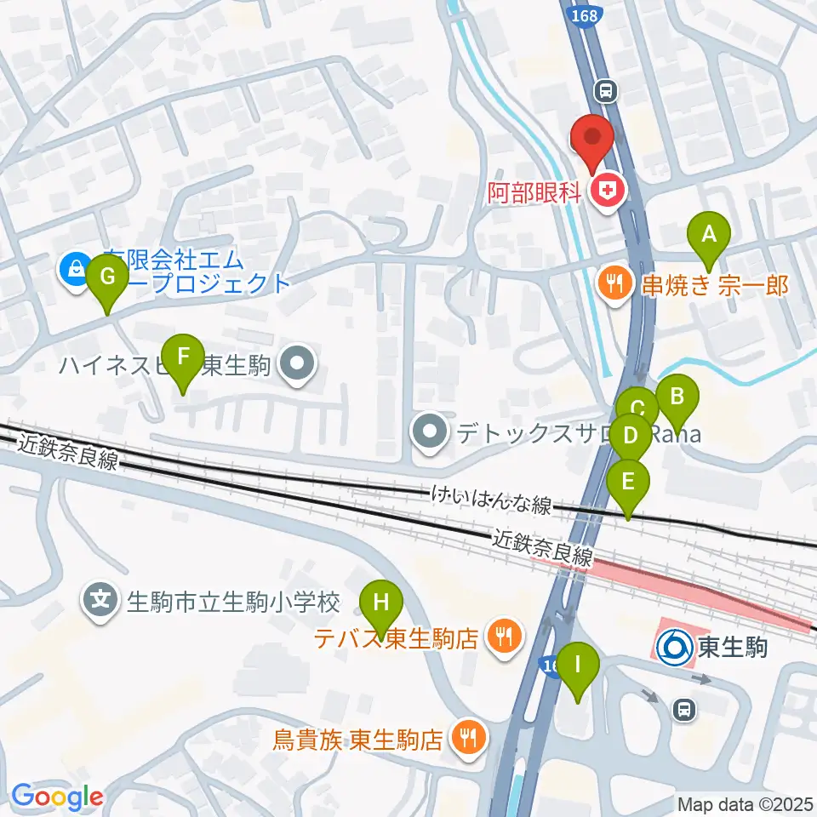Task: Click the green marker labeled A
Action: [709, 233]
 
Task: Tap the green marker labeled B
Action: [677, 396]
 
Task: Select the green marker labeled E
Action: [628, 482]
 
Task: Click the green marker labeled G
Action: [107, 277]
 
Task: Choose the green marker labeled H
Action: [381, 603]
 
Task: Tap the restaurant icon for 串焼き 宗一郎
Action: [613, 283]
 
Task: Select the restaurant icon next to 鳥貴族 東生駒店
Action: [467, 736]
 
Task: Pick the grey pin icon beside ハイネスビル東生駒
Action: [297, 366]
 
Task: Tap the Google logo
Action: [58, 797]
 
